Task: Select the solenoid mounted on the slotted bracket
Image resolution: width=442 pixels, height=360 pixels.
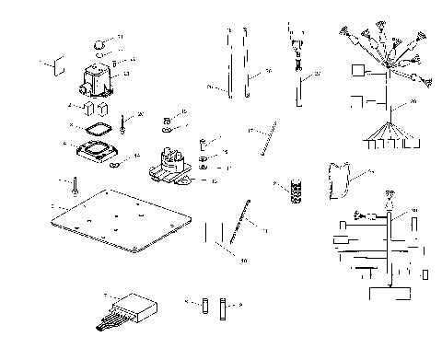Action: [171, 165]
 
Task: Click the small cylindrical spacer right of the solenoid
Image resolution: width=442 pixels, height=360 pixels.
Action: [207, 145]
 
